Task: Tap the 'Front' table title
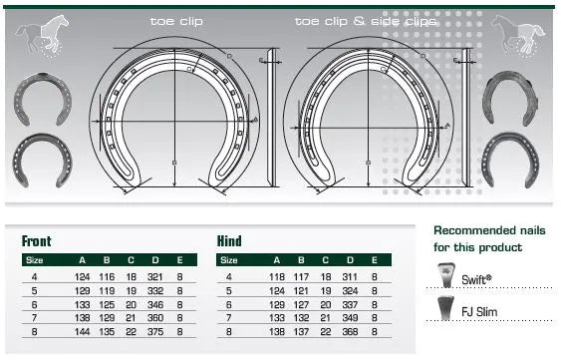click(x=37, y=241)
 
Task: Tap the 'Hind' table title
click(x=229, y=241)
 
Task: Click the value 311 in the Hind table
click(x=350, y=276)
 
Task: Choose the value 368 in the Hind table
click(x=350, y=328)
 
